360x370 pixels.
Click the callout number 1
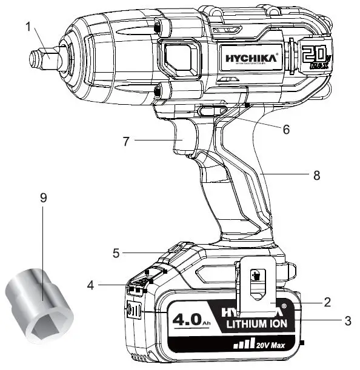27,27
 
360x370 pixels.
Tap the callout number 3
347,321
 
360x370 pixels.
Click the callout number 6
287,129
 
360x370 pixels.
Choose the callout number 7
126,141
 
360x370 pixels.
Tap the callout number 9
42,199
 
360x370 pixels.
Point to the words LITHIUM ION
261,325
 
